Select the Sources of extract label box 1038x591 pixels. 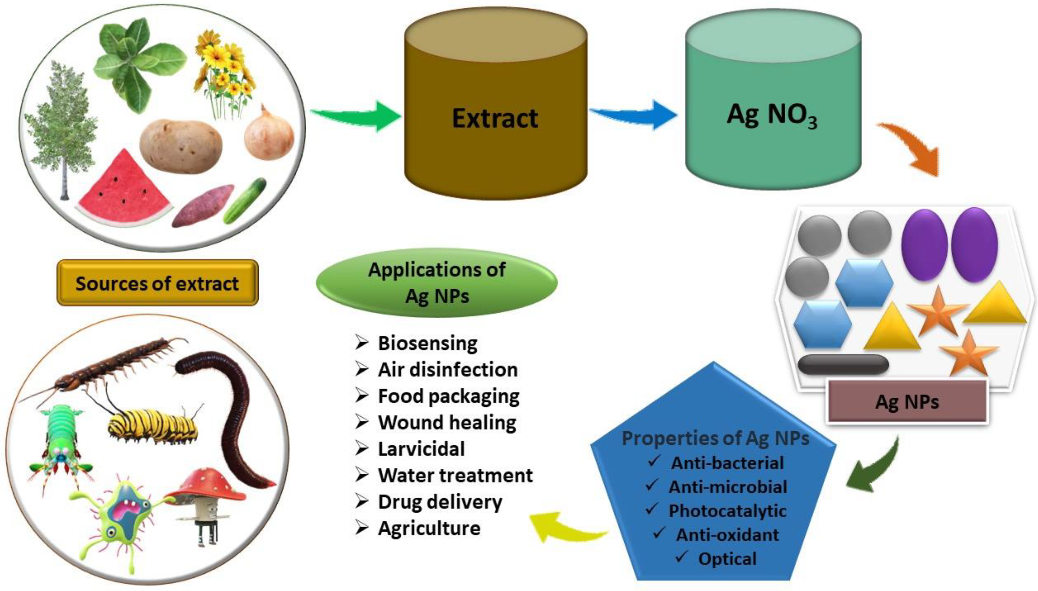(158, 283)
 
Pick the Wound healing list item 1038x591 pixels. (447, 423)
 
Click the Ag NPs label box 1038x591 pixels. (907, 402)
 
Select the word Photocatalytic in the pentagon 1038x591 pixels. (727, 511)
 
